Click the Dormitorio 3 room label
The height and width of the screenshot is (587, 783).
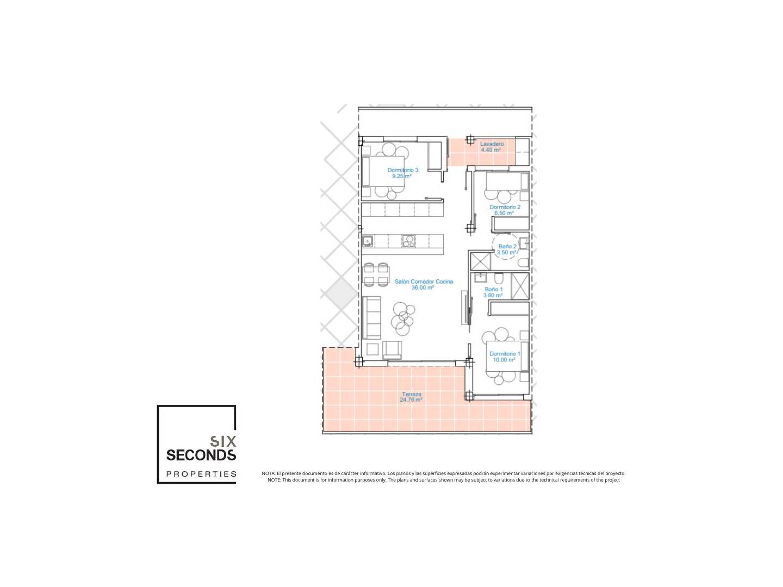point(402,170)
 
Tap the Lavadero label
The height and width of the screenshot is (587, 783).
point(492,144)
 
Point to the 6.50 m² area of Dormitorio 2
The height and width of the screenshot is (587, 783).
point(504,213)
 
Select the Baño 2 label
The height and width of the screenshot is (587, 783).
point(507,246)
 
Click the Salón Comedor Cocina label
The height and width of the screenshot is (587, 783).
point(424,282)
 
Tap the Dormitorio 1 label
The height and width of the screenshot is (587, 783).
point(505,353)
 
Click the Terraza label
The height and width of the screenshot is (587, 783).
point(411,394)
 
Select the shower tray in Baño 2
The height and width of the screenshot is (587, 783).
point(480,261)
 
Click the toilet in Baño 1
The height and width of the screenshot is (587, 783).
point(499,278)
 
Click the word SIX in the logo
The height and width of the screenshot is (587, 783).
point(223,441)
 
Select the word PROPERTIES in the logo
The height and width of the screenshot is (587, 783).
point(201,474)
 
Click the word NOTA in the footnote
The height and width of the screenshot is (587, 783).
point(268,473)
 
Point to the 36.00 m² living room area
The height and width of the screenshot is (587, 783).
point(422,288)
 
